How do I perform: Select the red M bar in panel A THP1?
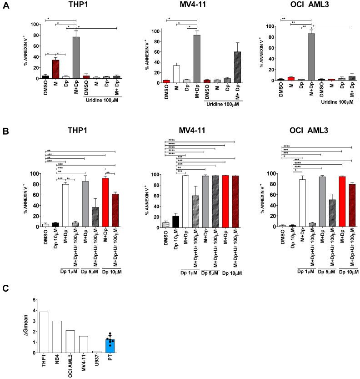coord(55,69)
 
